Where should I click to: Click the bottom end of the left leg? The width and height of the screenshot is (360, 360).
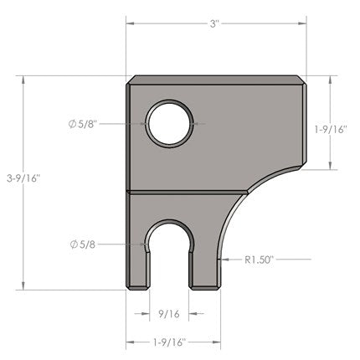139,287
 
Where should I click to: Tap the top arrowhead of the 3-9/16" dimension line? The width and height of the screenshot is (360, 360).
24,80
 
